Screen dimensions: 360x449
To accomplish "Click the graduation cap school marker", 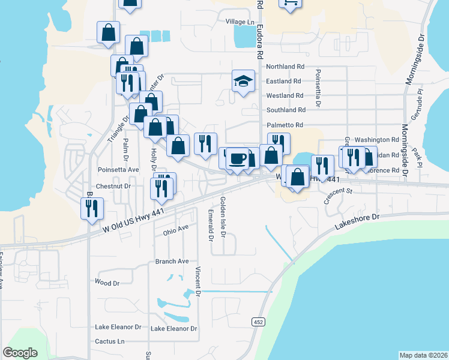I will pos(243,82).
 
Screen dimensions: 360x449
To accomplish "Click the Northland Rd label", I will pos(285,67).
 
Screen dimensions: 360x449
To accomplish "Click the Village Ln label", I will pos(240,22).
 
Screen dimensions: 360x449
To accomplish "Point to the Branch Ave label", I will pos(172,261).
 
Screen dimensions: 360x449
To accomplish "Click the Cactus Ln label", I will pos(110,341).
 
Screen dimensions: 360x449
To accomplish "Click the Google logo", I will pos(20,352).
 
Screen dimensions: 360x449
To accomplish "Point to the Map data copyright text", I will pos(423,355).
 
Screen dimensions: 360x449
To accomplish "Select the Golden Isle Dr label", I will pos(222,217).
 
